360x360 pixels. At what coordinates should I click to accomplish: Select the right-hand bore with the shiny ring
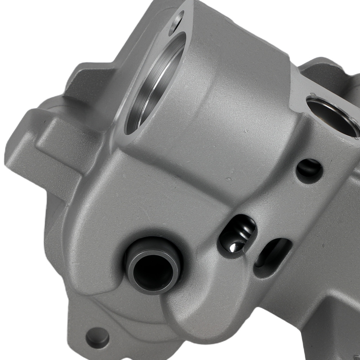333,117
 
